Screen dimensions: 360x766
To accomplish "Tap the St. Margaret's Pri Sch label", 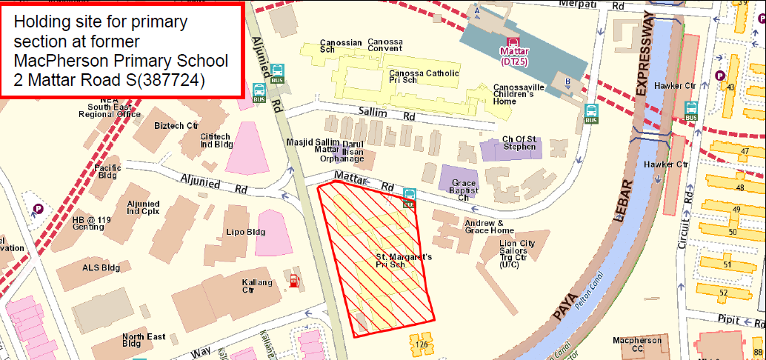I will click(x=401, y=260).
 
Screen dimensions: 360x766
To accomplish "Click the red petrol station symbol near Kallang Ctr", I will click(x=294, y=280).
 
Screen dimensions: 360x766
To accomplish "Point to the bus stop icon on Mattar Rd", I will click(x=409, y=197).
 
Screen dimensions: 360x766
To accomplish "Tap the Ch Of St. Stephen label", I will click(x=519, y=143).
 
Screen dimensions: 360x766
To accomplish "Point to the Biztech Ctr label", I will click(x=176, y=126).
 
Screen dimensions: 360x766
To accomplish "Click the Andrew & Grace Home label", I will click(x=484, y=227).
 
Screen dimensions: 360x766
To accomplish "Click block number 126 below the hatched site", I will click(x=422, y=344).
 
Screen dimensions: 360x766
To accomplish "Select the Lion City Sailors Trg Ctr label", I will click(x=517, y=253).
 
